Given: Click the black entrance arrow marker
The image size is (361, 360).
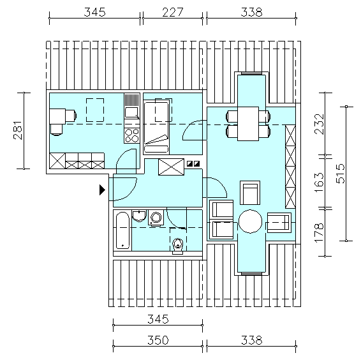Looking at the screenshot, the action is pyautogui.click(x=102, y=190).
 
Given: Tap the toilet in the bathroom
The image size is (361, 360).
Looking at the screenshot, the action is pyautogui.click(x=178, y=246).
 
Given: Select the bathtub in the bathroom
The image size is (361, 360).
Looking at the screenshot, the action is pyautogui.click(x=122, y=230).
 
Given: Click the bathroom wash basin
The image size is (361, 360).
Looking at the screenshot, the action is pyautogui.click(x=139, y=216).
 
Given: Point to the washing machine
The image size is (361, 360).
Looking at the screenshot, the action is pyautogui.click(x=156, y=217).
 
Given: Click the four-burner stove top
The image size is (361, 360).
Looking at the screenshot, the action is pyautogui.click(x=132, y=135).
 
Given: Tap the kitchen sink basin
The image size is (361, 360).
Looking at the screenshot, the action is pyautogui.click(x=131, y=113).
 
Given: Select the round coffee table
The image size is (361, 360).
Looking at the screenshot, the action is pyautogui.click(x=250, y=221).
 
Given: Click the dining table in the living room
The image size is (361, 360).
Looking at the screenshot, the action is pyautogui.click(x=248, y=124).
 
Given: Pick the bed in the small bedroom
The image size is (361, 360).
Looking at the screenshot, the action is pyautogui.click(x=156, y=126).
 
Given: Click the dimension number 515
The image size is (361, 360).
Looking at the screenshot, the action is pyautogui.click(x=341, y=174).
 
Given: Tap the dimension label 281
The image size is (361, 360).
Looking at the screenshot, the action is pyautogui.click(x=18, y=130).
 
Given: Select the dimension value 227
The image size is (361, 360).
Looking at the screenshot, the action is pyautogui.click(x=173, y=12).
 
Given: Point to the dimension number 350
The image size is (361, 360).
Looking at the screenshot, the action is pyautogui.click(x=158, y=340).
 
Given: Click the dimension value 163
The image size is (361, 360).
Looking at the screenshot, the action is pyautogui.click(x=319, y=183).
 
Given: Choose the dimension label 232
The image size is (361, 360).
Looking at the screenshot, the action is pyautogui.click(x=319, y=124).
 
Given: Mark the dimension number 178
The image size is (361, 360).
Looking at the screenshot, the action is pyautogui.click(x=319, y=232).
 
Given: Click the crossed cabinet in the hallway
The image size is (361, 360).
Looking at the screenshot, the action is pyautogui.click(x=172, y=167).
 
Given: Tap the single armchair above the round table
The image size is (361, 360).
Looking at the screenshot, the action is pyautogui.click(x=250, y=193).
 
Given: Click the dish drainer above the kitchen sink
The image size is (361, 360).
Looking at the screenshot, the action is pyautogui.click(x=132, y=100).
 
